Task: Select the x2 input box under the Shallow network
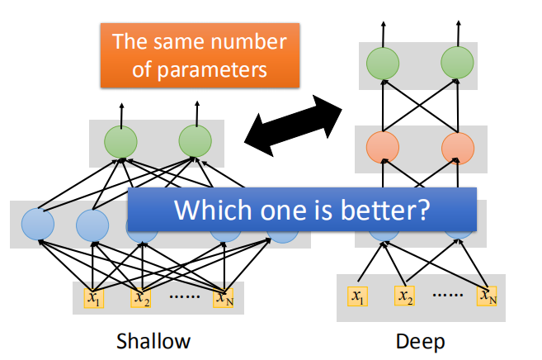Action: [140, 296]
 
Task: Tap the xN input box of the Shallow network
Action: [223, 296]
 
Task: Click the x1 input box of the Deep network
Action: [356, 295]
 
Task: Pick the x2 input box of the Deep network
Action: [405, 295]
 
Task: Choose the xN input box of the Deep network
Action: [488, 295]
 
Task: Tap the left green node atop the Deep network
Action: [382, 64]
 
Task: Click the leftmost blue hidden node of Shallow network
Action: [38, 224]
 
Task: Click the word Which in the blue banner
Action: [205, 210]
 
